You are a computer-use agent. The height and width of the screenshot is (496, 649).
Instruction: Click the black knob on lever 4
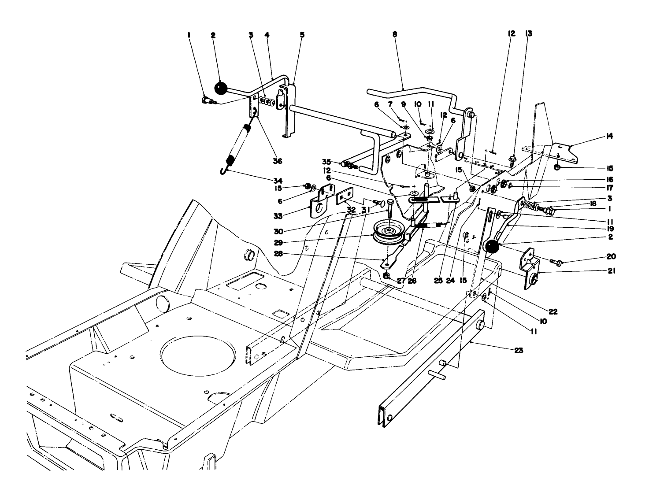pos(220,89)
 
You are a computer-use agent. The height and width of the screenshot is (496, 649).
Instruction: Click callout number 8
pos(394,34)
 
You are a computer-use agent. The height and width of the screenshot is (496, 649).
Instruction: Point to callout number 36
pos(277,161)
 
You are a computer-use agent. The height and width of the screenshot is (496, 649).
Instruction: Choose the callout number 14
pos(609,137)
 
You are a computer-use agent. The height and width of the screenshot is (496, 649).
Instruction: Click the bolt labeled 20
pos(557,263)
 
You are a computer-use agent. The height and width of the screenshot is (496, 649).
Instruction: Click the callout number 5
pos(302,34)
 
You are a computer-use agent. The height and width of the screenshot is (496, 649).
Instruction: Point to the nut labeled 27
pos(386,276)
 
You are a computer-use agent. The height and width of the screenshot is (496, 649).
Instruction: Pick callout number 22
pos(553,311)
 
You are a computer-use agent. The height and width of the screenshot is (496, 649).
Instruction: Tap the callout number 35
pos(326,161)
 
